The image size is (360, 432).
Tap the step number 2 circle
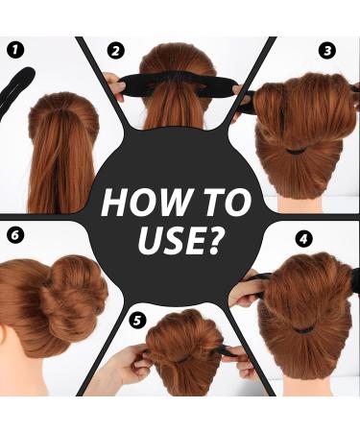pyautogui.click(x=116, y=51)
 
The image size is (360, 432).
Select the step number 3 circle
pyautogui.click(x=327, y=50)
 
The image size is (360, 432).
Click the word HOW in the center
pyautogui.click(x=140, y=204)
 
